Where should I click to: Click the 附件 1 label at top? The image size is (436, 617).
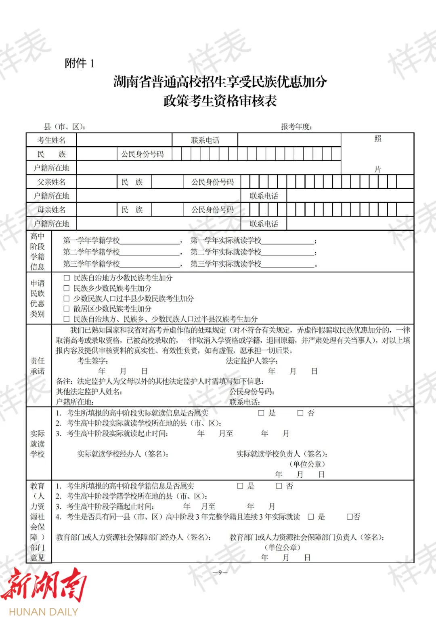click(80, 63)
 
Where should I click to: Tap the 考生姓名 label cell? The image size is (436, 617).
click(51, 140)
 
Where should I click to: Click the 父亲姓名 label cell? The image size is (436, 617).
click(51, 182)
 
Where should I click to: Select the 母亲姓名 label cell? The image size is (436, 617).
click(51, 210)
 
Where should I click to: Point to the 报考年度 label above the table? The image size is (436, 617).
click(297, 126)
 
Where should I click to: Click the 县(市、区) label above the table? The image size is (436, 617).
click(65, 126)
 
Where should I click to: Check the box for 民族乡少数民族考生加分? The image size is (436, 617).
click(67, 288)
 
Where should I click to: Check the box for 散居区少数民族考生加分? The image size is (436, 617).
click(67, 309)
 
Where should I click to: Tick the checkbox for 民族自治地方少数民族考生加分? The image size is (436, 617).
click(67, 278)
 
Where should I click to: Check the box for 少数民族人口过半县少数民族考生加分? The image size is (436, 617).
click(67, 299)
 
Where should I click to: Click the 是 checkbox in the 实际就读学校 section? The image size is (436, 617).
click(261, 413)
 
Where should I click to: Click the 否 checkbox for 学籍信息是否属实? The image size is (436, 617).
click(279, 486)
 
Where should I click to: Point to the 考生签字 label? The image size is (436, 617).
click(92, 361)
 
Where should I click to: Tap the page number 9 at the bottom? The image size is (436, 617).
click(220, 572)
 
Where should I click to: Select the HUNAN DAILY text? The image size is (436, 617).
click(43, 611)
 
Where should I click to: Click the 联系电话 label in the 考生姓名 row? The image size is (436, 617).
click(205, 140)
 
